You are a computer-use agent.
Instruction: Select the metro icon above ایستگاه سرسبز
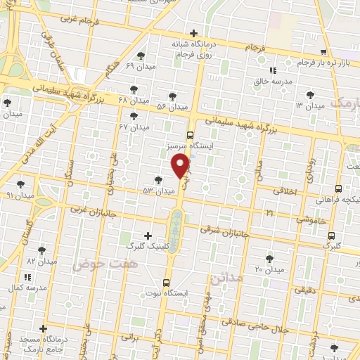click(190, 134)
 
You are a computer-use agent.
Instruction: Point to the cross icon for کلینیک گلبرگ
click(147, 236)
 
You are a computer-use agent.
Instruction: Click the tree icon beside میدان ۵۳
click(158, 180)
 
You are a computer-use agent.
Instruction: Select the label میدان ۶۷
click(135, 127)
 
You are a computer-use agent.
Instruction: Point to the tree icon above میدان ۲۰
click(269, 258)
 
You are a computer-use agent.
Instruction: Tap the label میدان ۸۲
click(41, 262)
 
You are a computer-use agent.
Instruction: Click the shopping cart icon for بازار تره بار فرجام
click(323, 52)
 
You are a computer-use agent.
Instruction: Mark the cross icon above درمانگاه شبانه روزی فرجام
click(193, 32)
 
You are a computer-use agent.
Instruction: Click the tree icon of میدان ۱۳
click(310, 94)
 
